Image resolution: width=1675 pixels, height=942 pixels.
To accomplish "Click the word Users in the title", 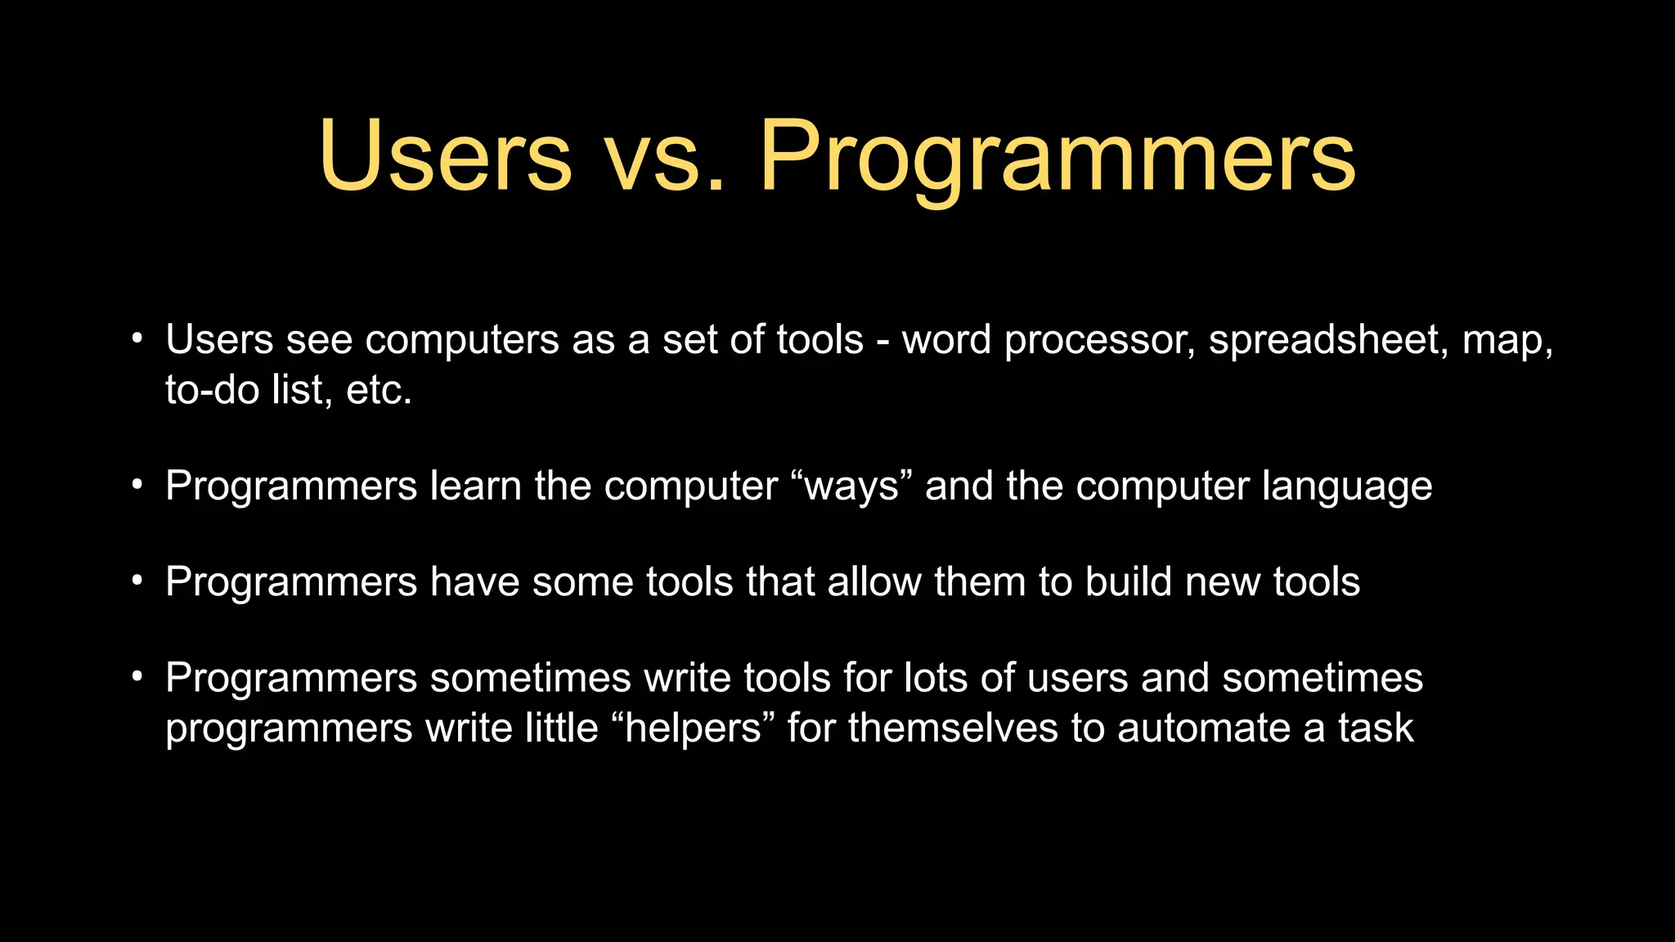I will [x=445, y=157].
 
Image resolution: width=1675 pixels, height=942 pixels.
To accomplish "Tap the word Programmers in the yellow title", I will [x=1057, y=157].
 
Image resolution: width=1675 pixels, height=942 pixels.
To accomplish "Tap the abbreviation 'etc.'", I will [x=379, y=390].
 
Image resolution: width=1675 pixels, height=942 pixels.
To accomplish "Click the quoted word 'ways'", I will [x=851, y=487].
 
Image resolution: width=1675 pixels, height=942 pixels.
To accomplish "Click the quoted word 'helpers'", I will [x=692, y=728].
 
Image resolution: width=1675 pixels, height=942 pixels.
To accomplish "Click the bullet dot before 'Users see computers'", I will [x=137, y=339].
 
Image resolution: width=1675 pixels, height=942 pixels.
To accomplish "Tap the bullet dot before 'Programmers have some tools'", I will [x=137, y=581].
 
